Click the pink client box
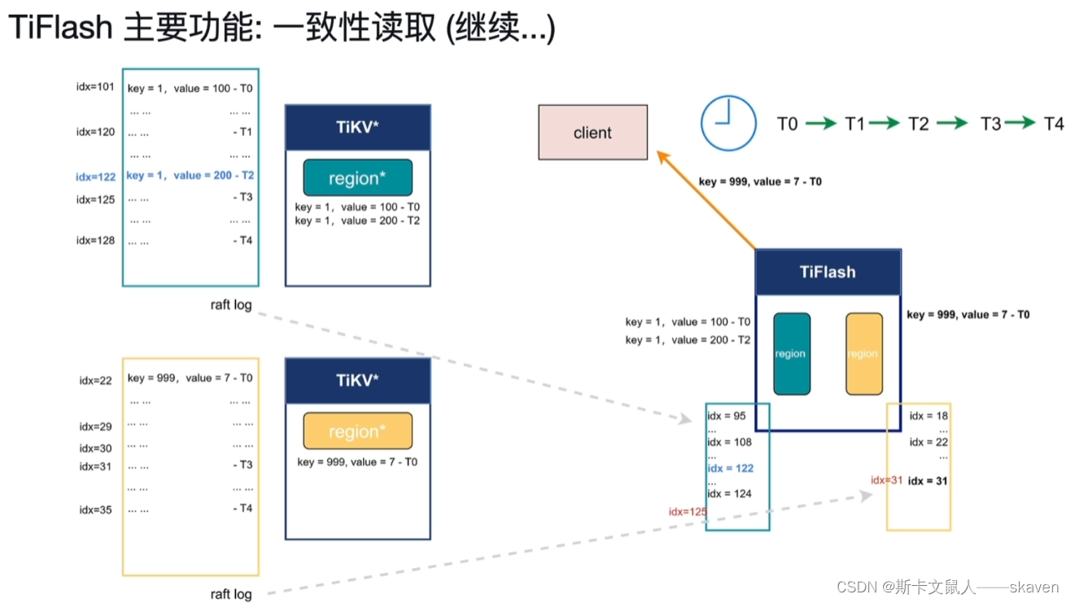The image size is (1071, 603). click(x=592, y=132)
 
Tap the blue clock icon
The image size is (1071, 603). click(x=728, y=123)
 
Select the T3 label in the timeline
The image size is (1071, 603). click(x=990, y=124)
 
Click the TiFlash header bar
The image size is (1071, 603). click(x=827, y=272)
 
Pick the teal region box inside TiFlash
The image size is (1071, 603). click(x=791, y=353)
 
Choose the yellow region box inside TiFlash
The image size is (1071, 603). click(x=863, y=353)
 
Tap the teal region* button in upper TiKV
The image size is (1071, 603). click(x=357, y=177)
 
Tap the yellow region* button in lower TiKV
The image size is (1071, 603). click(x=357, y=431)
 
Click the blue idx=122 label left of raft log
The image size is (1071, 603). click(x=95, y=177)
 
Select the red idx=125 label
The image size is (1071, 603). click(x=687, y=511)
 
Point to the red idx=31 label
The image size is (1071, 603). click(x=886, y=480)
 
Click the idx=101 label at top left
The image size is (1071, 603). click(x=95, y=87)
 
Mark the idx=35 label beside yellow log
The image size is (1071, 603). click(x=95, y=510)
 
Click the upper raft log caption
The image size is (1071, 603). click(x=231, y=305)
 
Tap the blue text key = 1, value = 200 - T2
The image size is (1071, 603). click(x=190, y=175)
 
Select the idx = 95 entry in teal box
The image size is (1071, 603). click(x=726, y=417)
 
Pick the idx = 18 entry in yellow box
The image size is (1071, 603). click(x=929, y=416)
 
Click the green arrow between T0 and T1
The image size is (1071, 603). click(x=820, y=124)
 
